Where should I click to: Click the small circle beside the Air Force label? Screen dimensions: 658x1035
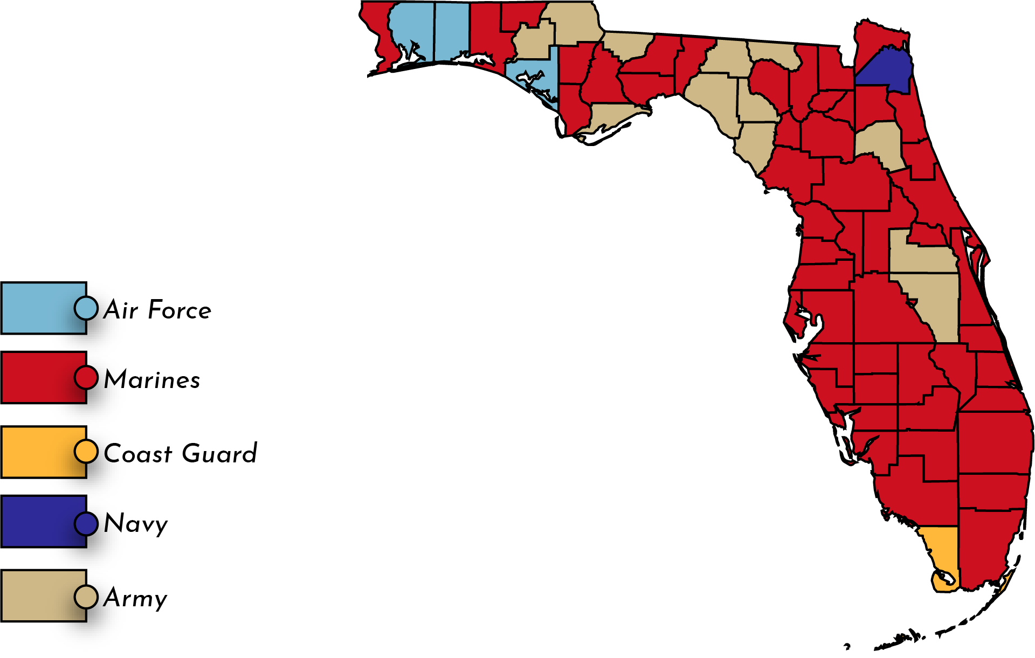(86, 308)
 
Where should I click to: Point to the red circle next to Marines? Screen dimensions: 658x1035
(86, 377)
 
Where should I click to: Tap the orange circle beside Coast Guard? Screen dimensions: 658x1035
(86, 452)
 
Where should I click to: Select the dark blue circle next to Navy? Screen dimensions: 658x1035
(86, 523)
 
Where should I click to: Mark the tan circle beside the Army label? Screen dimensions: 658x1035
(86, 597)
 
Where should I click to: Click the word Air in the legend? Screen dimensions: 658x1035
(121, 310)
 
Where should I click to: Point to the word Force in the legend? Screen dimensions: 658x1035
(180, 310)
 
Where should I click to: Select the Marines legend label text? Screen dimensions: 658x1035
(152, 379)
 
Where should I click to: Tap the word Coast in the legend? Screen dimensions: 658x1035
(138, 454)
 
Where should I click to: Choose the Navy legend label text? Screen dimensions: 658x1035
(136, 523)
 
